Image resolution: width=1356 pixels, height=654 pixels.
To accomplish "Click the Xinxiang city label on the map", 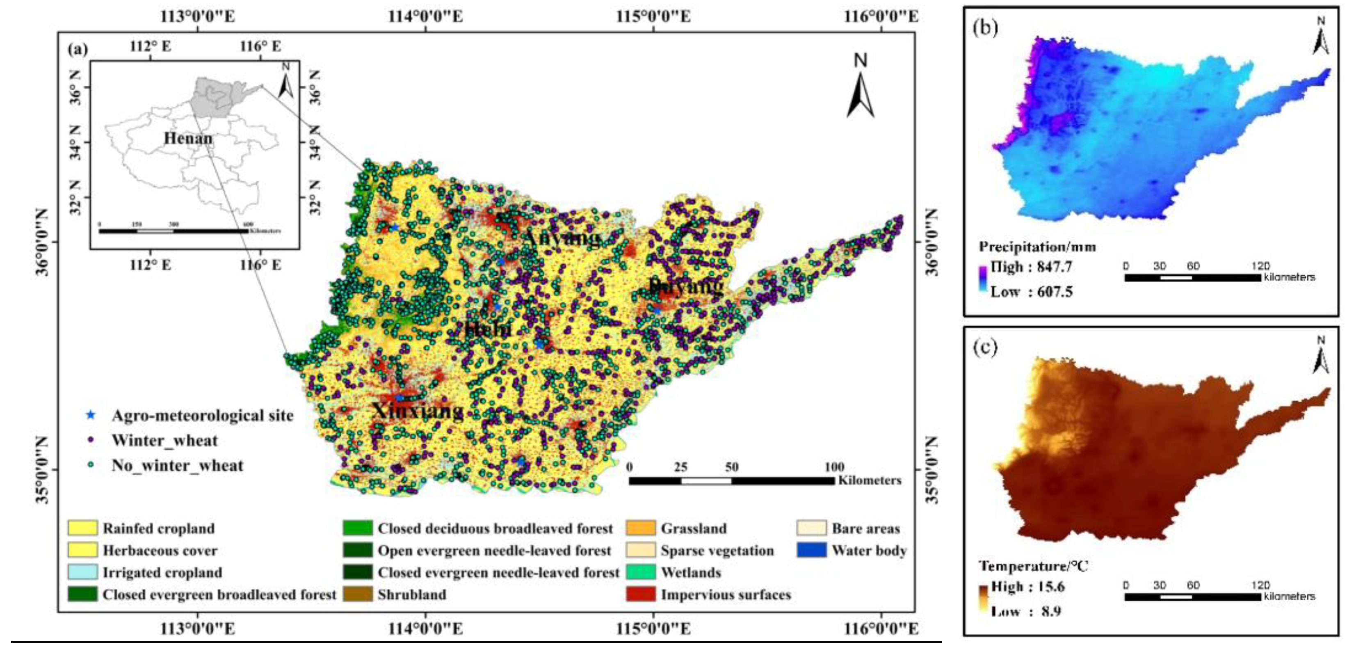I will (x=418, y=410).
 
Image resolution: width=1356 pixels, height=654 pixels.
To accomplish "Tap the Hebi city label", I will (x=488, y=329).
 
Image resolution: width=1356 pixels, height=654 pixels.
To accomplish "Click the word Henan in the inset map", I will (x=188, y=139).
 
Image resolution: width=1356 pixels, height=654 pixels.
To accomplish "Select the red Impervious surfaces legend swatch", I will (x=641, y=594).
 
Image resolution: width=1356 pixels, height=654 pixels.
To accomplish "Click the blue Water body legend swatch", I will (x=811, y=550).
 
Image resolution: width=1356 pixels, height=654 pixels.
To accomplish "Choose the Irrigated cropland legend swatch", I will (x=82, y=572).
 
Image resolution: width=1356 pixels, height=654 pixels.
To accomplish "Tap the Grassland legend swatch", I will (x=641, y=528).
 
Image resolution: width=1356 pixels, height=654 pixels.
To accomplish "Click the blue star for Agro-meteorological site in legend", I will (x=91, y=415).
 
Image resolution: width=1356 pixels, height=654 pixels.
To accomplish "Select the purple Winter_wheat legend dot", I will (x=91, y=440).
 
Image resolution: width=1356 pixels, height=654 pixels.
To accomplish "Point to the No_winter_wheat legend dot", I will (x=91, y=465).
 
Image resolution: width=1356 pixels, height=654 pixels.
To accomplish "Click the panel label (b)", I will (x=985, y=27).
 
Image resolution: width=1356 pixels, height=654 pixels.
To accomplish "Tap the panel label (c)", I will (x=985, y=348).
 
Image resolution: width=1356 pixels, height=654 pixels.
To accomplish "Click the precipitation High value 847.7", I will (x=1055, y=267).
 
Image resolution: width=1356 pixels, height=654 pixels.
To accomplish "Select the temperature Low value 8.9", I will (x=1051, y=611).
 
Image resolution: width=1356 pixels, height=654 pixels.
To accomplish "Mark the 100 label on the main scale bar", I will (x=834, y=467).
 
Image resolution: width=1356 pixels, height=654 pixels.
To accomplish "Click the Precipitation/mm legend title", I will (x=1037, y=247).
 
